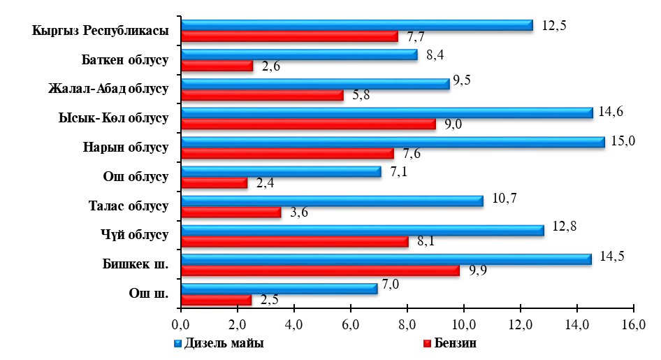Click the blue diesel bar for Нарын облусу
[x=391, y=142]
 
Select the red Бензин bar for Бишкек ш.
[x=319, y=271]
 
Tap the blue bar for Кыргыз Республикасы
[x=356, y=25]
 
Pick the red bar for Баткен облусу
[x=217, y=66]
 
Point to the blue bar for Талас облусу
[x=331, y=201]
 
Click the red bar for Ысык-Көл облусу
[x=307, y=124]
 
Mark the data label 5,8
[x=361, y=95]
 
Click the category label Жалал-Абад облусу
[x=109, y=89]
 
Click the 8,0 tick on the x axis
[x=407, y=324]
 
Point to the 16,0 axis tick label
[x=633, y=324]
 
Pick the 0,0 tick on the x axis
[x=180, y=324]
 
